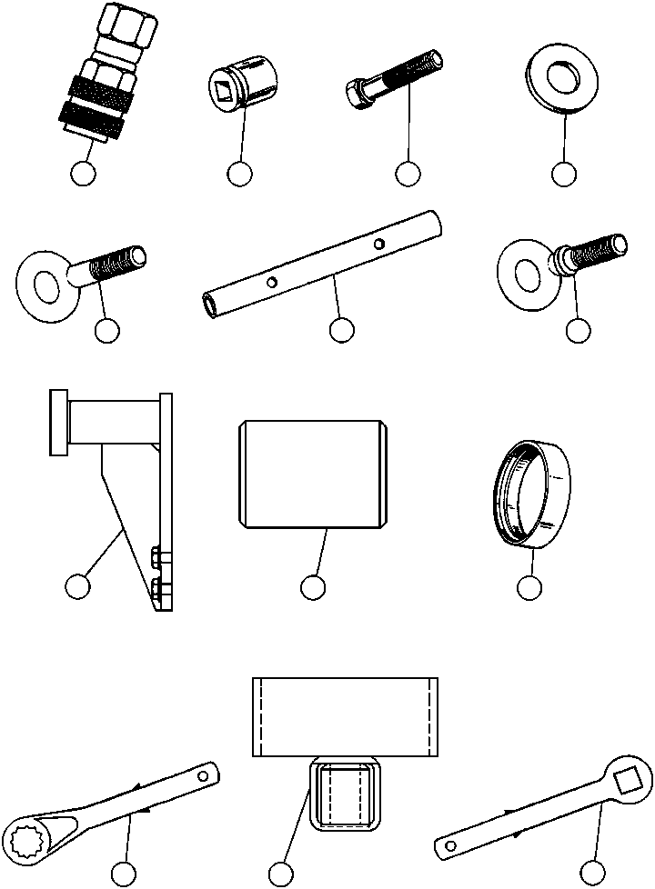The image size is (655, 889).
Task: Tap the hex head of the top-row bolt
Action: click(x=358, y=92)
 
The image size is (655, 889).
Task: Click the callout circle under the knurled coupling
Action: click(x=85, y=174)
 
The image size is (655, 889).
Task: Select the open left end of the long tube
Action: click(x=210, y=305)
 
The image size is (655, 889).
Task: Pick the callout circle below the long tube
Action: click(x=341, y=331)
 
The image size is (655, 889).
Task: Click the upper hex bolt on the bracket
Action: click(x=157, y=555)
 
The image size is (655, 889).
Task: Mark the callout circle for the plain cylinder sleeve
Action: click(x=313, y=588)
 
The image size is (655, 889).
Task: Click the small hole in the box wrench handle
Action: click(x=204, y=775)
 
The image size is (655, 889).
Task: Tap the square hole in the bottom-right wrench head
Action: click(x=627, y=778)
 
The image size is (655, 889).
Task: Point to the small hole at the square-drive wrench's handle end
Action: click(x=450, y=845)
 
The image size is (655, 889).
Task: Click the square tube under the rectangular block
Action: click(x=343, y=794)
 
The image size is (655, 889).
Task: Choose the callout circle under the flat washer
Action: click(x=564, y=174)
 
